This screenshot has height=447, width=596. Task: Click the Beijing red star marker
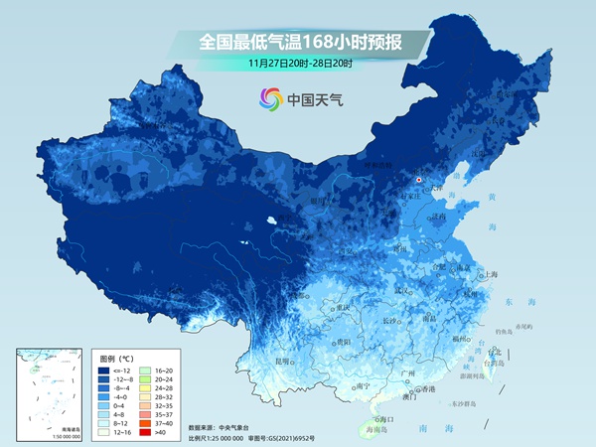419,180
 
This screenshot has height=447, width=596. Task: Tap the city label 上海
490,274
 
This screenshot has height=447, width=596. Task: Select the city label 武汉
402,290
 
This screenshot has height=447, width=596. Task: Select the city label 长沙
390,321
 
